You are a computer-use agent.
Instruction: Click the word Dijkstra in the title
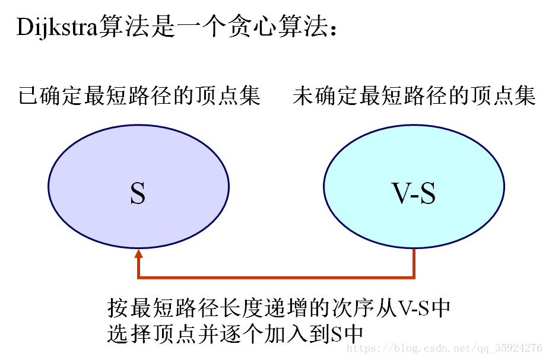(x=57, y=28)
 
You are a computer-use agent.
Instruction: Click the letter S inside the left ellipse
(x=138, y=194)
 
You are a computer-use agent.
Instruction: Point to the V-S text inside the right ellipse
(x=414, y=194)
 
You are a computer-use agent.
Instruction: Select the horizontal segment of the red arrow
(x=276, y=277)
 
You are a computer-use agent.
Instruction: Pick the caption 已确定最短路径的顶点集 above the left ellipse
(x=139, y=95)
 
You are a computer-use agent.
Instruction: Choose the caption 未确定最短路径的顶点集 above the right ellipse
(x=414, y=95)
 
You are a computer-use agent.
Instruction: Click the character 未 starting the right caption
(x=303, y=95)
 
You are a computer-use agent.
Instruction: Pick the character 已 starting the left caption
(x=28, y=95)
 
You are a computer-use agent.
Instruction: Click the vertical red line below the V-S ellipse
(x=414, y=263)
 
